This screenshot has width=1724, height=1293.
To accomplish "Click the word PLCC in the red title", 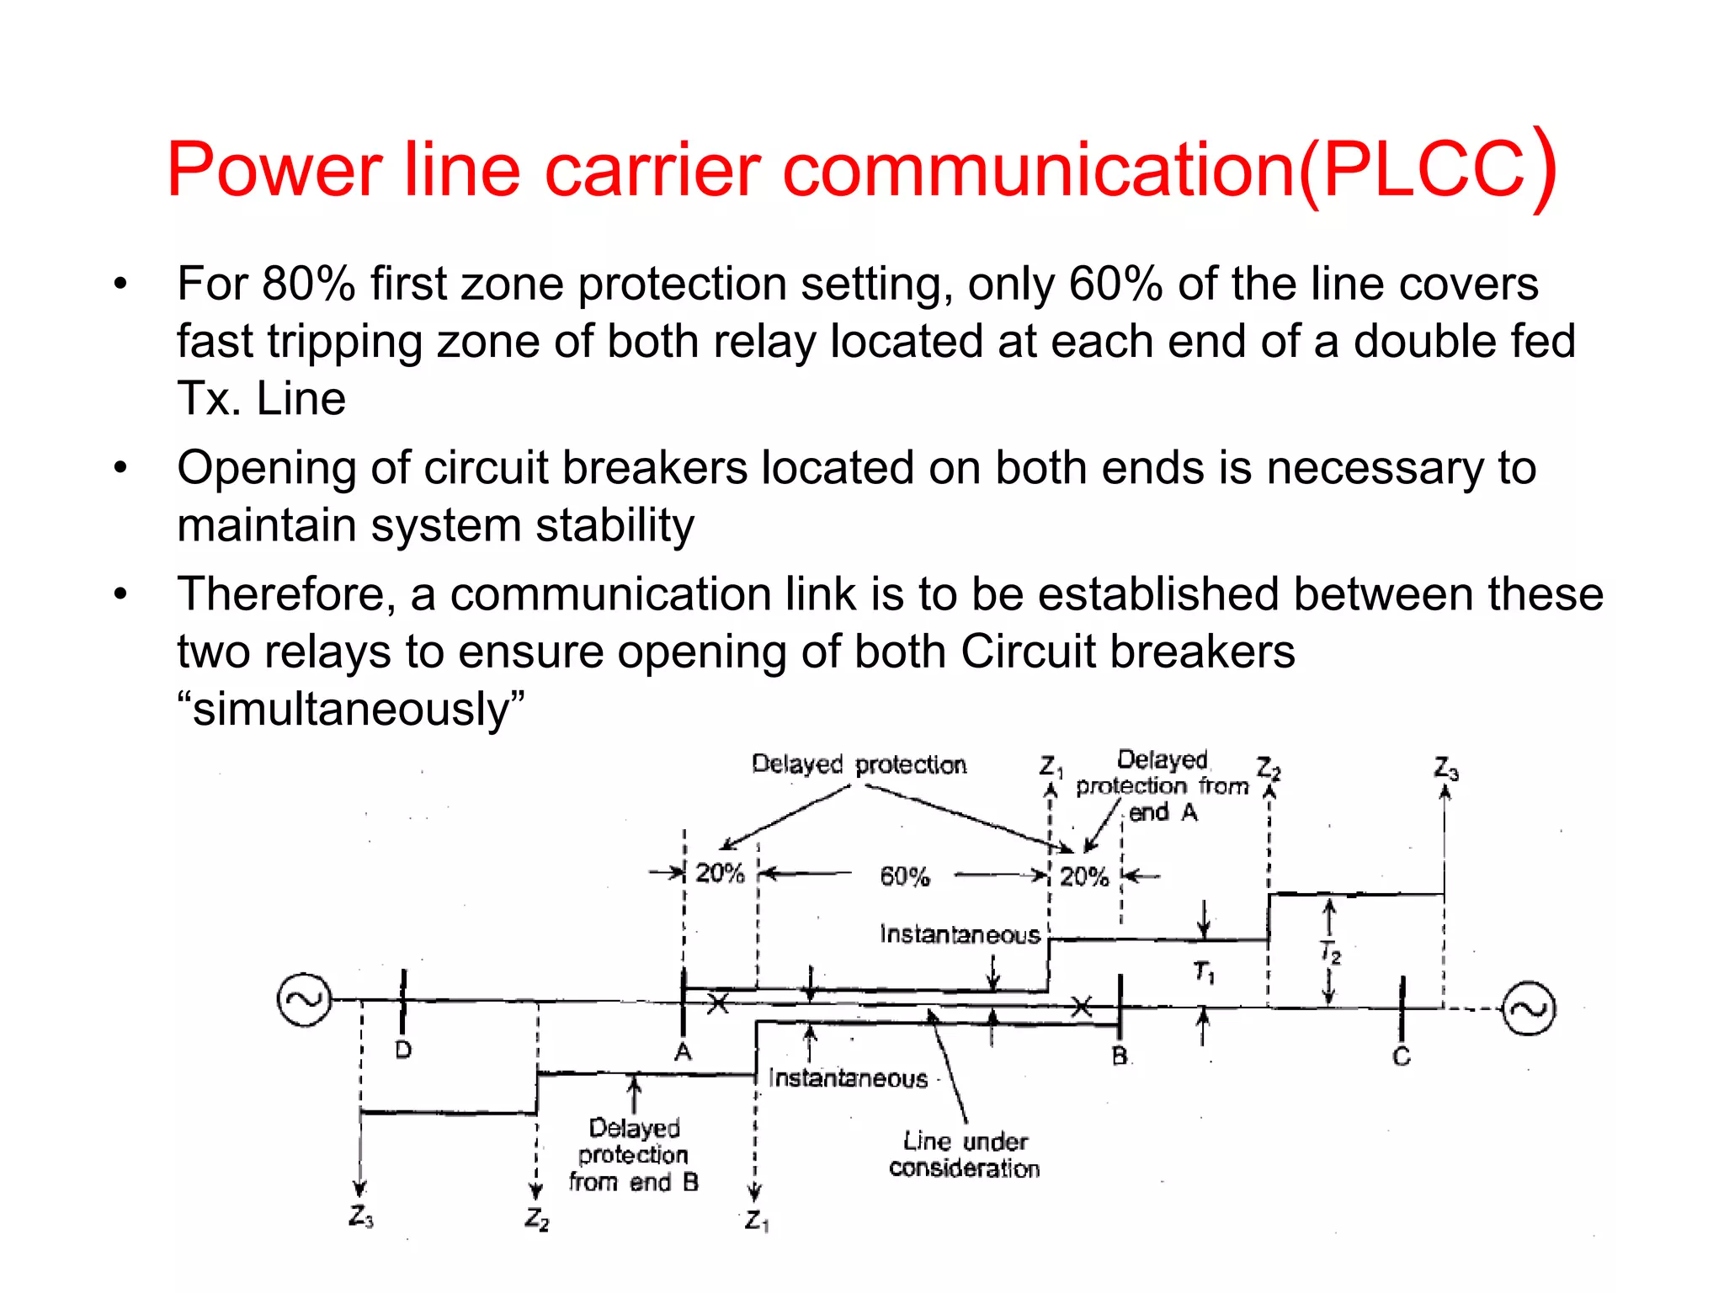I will (x=1423, y=170).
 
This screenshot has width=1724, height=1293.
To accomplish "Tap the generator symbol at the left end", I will (x=303, y=999).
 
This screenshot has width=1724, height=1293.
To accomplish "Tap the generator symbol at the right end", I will (x=1529, y=1008).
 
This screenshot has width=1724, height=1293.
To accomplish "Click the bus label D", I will (x=403, y=1050).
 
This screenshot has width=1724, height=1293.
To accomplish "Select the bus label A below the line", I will (x=683, y=1052).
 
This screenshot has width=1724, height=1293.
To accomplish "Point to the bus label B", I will (x=1120, y=1056).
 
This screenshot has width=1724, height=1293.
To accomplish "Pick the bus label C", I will (x=1401, y=1056).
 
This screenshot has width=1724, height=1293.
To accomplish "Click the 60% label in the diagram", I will (x=905, y=877).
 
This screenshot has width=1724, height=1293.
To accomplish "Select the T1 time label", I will (x=1204, y=972).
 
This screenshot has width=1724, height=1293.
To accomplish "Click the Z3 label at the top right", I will (x=1446, y=769).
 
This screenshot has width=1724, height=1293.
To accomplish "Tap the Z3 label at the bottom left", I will (x=360, y=1216).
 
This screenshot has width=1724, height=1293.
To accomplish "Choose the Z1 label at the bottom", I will (x=756, y=1221).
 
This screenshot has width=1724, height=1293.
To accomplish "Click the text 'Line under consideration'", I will (x=965, y=1155).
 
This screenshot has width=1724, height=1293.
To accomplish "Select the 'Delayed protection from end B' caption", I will (x=634, y=1155).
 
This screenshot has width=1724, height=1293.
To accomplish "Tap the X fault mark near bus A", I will (x=717, y=1003).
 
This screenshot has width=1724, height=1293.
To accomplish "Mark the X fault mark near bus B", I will (x=1082, y=1006).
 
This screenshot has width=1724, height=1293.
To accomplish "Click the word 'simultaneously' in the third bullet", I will (x=351, y=709).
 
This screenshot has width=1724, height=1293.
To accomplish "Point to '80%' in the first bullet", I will (x=309, y=284).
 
